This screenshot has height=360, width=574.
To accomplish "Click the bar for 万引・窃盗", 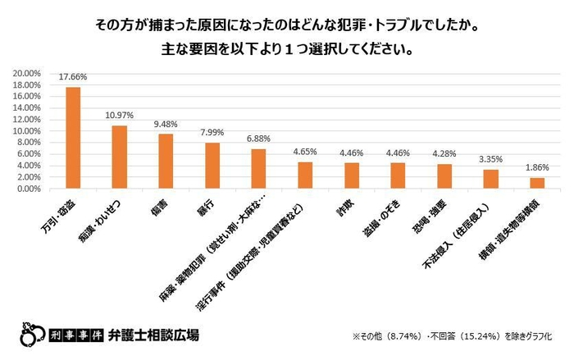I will (73, 138).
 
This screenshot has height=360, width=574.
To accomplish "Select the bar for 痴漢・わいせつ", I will (120, 157).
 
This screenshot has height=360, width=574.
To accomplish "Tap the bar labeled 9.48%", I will (166, 162).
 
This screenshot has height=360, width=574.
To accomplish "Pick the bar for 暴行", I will (212, 166).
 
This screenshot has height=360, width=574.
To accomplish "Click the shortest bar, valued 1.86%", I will (536, 184).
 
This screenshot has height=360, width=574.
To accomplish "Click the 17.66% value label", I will (73, 78).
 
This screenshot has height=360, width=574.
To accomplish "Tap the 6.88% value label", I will (258, 140).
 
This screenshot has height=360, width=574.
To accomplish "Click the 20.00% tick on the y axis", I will (27, 73).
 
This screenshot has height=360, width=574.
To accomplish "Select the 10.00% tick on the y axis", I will (27, 131).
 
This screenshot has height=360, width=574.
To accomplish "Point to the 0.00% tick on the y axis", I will (29, 189).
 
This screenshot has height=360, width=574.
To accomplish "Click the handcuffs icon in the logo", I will (31, 336).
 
